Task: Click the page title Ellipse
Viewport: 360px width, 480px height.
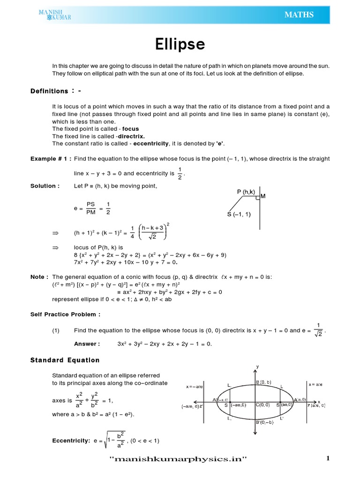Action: [180, 45]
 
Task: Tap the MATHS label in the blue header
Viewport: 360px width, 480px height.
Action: [299, 15]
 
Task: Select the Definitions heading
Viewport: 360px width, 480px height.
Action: [49, 91]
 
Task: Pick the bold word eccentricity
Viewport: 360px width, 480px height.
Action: [150, 143]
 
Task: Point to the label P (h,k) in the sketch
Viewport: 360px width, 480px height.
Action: [246, 192]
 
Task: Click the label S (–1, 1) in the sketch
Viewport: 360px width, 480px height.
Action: [239, 215]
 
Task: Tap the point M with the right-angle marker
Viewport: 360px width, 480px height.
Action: [262, 196]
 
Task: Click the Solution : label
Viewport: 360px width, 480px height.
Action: [45, 186]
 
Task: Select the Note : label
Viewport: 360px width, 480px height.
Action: [39, 277]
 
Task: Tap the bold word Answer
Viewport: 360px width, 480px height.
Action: [87, 344]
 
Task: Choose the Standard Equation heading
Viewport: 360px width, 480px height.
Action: [65, 360]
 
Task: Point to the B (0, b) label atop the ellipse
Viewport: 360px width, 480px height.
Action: [263, 382]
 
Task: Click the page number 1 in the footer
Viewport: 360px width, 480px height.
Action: [329, 459]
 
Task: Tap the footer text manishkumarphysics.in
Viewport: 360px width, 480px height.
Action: [178, 459]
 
